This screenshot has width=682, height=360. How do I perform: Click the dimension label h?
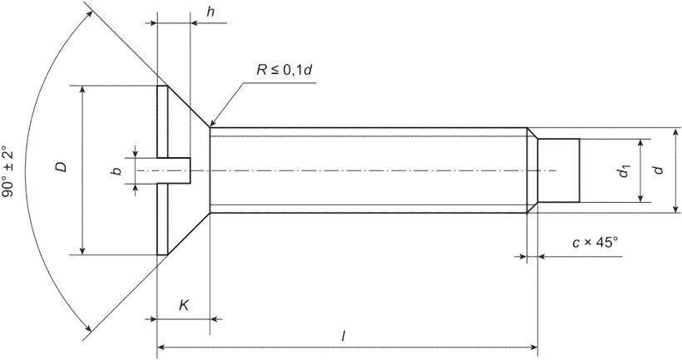pyautogui.click(x=210, y=12)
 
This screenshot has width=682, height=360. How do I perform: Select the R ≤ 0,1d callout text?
pyautogui.click(x=284, y=70)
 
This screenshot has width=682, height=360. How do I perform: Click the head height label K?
pyautogui.click(x=184, y=305)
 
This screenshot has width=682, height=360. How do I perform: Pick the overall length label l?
pyautogui.click(x=343, y=336)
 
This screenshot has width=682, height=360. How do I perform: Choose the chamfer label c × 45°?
pyautogui.click(x=595, y=243)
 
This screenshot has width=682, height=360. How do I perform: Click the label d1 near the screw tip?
pyautogui.click(x=625, y=171)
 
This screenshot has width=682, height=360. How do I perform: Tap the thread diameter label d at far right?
pyautogui.click(x=660, y=170)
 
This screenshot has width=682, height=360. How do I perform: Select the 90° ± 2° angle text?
pyautogui.click(x=8, y=171)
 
